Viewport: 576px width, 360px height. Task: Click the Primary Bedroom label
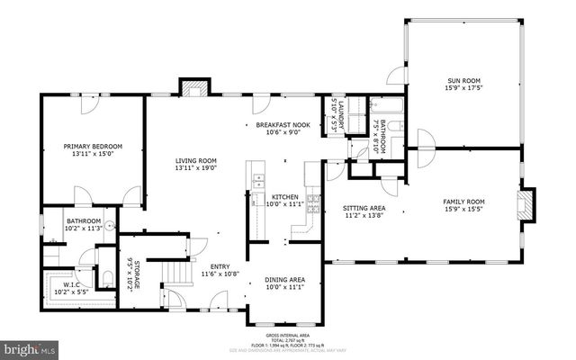pos(93,146)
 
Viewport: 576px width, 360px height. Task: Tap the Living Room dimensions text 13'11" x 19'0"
pos(196,168)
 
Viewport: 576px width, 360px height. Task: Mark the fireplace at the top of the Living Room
pos(193,88)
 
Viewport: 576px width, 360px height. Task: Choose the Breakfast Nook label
pos(283,125)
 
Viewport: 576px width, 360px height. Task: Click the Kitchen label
pos(285,196)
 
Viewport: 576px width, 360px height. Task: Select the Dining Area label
pos(284,280)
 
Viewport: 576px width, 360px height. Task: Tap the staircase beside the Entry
pos(182,269)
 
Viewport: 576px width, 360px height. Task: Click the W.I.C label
pos(68,285)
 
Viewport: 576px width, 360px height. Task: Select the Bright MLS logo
pos(29,346)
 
